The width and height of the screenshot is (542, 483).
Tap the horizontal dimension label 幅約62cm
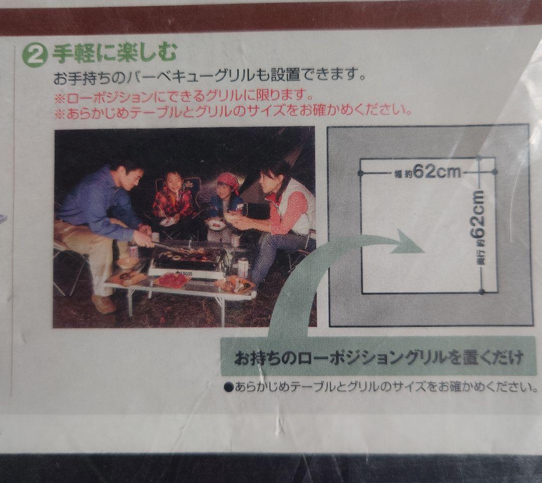point(428,172)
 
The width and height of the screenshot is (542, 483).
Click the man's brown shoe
point(104,304)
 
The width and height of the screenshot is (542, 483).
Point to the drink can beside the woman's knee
point(243,267)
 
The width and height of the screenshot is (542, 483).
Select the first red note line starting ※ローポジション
point(183,95)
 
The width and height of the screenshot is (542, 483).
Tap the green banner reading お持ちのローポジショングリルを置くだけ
point(379,358)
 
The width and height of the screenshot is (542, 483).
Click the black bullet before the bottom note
point(227,387)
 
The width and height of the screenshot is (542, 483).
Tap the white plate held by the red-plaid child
point(169,221)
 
